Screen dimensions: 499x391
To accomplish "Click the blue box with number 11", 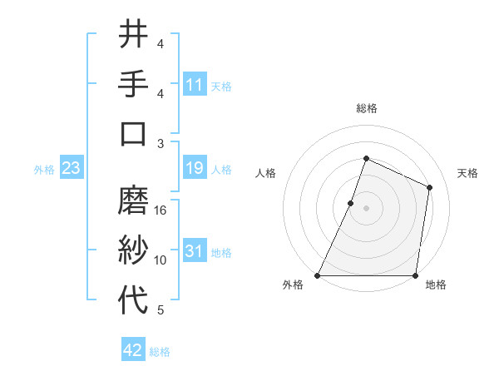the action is click(x=195, y=85).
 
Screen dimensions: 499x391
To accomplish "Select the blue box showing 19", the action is click(x=195, y=169).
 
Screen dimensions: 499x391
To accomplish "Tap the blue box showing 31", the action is click(x=195, y=252).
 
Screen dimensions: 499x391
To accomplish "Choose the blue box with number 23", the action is click(x=72, y=169).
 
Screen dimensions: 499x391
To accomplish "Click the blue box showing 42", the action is click(x=133, y=351).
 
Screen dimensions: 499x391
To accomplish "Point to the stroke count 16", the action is click(x=161, y=210).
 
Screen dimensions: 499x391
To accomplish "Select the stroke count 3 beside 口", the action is click(x=161, y=143).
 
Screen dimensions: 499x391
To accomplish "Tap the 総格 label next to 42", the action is click(x=160, y=352).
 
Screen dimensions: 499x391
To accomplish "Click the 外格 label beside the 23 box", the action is click(x=44, y=170).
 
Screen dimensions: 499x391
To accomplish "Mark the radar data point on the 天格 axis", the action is click(x=430, y=187).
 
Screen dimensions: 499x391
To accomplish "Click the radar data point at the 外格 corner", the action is click(x=318, y=275).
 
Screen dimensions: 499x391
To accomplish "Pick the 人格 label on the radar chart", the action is click(x=265, y=174).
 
